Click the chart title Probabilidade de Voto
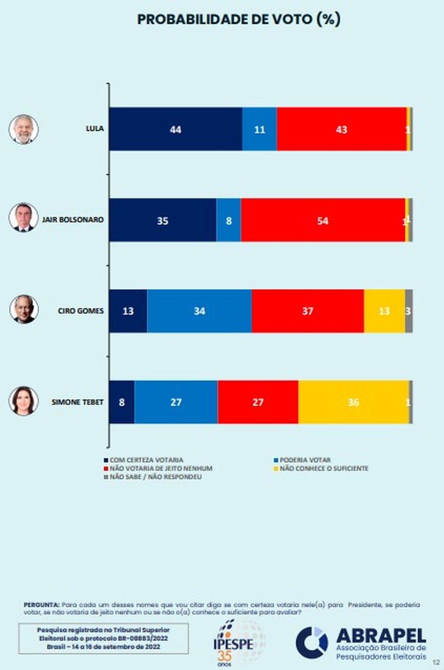238,19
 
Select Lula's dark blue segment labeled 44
176,129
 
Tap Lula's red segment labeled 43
342,129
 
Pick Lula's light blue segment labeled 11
259,129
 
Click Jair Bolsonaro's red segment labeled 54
323,220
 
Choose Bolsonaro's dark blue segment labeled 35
162,220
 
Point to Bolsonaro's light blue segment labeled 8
229,220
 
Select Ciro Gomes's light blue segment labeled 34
199,311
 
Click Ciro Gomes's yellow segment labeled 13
384,311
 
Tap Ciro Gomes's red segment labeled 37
308,311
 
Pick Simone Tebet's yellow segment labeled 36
353,402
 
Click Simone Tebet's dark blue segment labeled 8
122,402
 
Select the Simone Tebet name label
78,402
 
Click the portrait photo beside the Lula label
23,129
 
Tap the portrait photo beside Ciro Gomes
23,309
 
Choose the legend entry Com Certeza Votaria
146,460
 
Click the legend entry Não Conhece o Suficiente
324,468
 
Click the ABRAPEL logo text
381,637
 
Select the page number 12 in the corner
435,662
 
